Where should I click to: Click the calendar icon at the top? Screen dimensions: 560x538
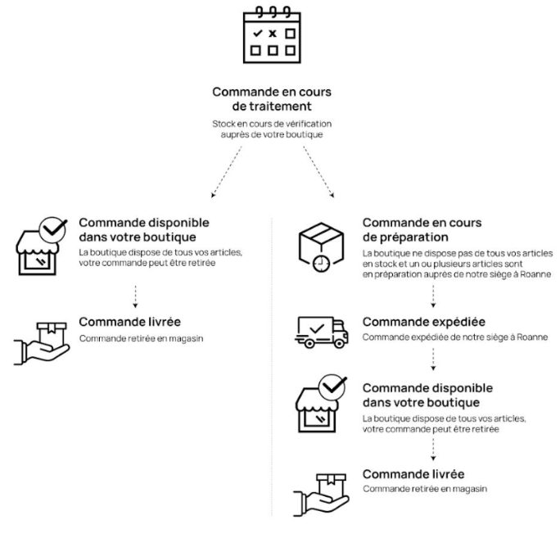(x=272, y=35)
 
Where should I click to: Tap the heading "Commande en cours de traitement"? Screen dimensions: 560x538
(x=272, y=99)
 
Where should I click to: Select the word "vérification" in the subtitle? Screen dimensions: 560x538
(x=310, y=124)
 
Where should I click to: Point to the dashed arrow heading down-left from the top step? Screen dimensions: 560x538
(x=227, y=171)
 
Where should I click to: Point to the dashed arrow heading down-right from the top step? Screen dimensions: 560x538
(x=319, y=171)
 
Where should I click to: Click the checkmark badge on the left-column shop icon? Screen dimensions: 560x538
(x=53, y=230)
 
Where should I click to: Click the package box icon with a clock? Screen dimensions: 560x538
(x=321, y=246)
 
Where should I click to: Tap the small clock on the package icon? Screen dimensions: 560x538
(x=322, y=264)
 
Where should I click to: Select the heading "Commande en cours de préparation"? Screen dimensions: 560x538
(x=422, y=230)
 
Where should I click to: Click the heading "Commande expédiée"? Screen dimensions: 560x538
(x=424, y=322)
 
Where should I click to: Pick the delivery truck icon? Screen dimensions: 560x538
(x=322, y=332)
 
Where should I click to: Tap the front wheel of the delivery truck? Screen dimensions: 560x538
(x=339, y=344)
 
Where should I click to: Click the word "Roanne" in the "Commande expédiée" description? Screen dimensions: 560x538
(x=532, y=337)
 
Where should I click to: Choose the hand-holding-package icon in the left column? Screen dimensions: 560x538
(x=42, y=344)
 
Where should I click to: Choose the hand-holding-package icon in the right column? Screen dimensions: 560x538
(x=321, y=495)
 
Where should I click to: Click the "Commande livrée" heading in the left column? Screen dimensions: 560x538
(x=129, y=322)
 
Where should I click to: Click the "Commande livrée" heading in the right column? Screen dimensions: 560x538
(x=413, y=474)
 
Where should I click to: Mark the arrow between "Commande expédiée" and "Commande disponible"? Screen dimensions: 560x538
(x=433, y=359)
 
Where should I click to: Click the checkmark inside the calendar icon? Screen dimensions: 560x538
(x=257, y=34)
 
